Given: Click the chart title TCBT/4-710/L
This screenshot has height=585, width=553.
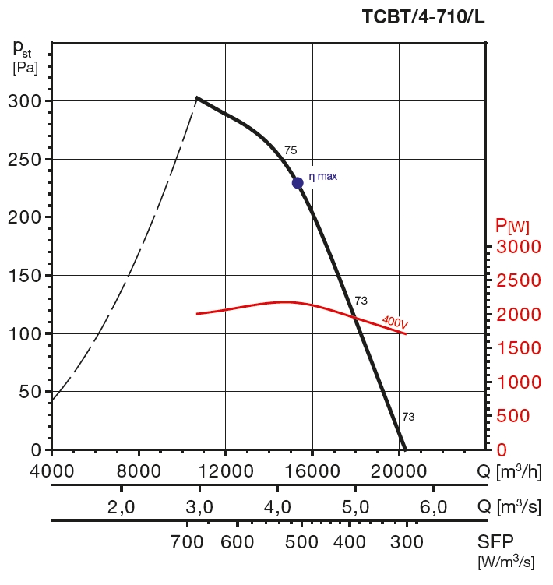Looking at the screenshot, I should pos(423,16).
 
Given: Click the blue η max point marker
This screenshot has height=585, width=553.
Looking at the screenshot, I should pos(298,183).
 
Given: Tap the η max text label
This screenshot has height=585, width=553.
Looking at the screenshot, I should pos(323,177).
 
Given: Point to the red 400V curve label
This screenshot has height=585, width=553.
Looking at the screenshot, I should pos(395,321).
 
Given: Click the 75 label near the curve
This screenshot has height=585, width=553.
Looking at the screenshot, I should pos(291,150).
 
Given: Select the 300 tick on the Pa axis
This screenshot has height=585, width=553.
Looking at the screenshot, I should pos(25,101).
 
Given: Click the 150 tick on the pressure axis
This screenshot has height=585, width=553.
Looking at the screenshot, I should pos(25,276).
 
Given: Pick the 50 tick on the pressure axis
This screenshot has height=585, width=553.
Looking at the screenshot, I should pos(29,392).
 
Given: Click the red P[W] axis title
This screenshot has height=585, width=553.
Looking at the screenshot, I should pos(512,227).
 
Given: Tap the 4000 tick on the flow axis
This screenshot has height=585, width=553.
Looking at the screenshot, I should pos(51,470).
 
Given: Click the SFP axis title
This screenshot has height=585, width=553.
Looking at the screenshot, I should pos(495,541).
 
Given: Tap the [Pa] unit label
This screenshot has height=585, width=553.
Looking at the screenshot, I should pos(26,67).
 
